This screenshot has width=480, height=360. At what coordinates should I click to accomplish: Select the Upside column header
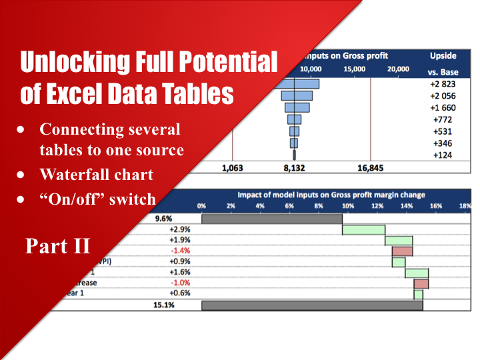coord(443,56)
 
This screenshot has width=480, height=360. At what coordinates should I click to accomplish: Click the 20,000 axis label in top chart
coord(398,69)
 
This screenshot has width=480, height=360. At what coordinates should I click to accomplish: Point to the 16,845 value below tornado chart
coord(371,169)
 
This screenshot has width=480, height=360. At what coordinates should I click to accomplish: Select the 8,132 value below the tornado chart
coord(294,169)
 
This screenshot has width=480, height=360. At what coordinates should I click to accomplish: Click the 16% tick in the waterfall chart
coord(436,206)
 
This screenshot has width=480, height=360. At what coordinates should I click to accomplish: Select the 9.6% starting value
coord(164,218)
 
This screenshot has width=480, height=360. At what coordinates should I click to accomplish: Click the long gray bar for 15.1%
coord(312,305)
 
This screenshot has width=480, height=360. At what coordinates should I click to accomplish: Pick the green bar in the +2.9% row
coord(363,229)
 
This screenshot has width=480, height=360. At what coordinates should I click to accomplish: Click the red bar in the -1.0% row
coord(421,283)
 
